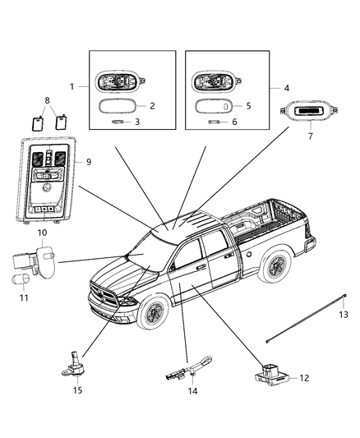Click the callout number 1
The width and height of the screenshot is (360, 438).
[x=72, y=87]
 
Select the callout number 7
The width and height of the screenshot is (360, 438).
[x=311, y=136]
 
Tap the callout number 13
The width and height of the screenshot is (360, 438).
[x=344, y=315]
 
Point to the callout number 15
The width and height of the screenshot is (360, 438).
[x=77, y=390]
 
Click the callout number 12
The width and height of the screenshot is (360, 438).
[x=304, y=378]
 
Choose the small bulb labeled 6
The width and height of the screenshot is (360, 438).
[x=214, y=122]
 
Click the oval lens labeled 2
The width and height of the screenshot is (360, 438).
[x=118, y=106]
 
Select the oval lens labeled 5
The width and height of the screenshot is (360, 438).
[x=214, y=106]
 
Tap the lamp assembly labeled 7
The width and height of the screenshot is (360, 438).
[x=309, y=112]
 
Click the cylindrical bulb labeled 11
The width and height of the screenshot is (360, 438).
[x=21, y=279]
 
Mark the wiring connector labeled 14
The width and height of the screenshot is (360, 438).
[x=189, y=368]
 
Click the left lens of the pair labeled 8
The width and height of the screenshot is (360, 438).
[x=37, y=123]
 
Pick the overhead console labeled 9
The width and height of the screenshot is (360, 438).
[x=46, y=180]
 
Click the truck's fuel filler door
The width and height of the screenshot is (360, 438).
[x=248, y=254]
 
